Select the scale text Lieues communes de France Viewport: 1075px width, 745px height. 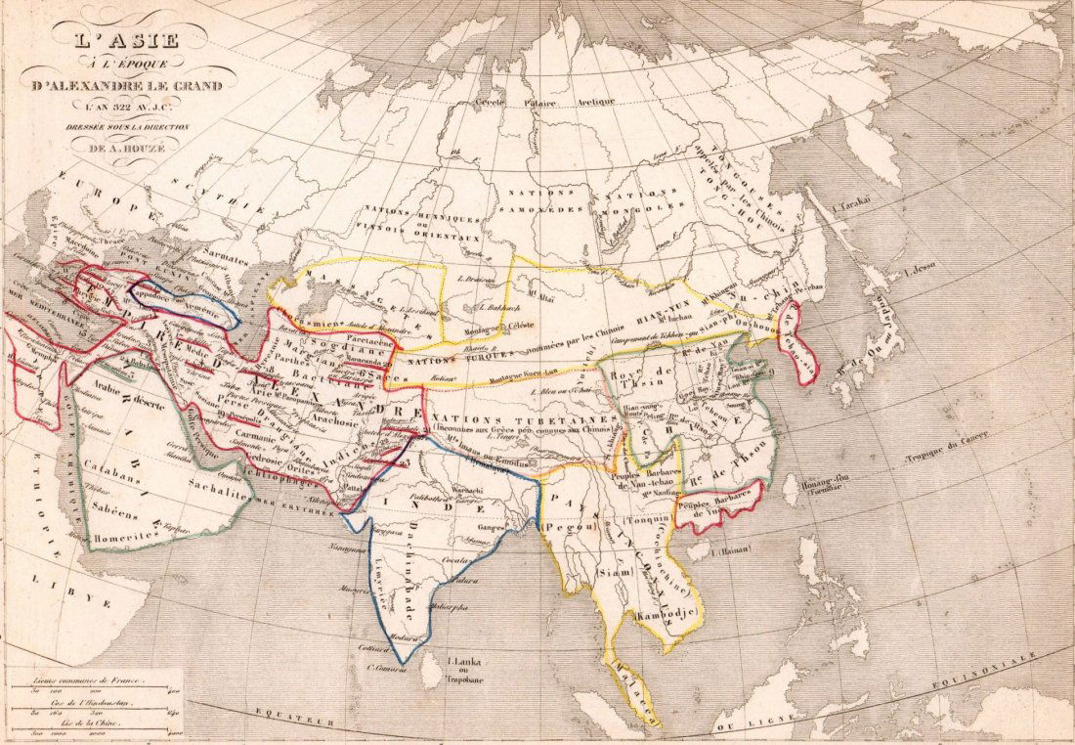coord(92,679)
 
